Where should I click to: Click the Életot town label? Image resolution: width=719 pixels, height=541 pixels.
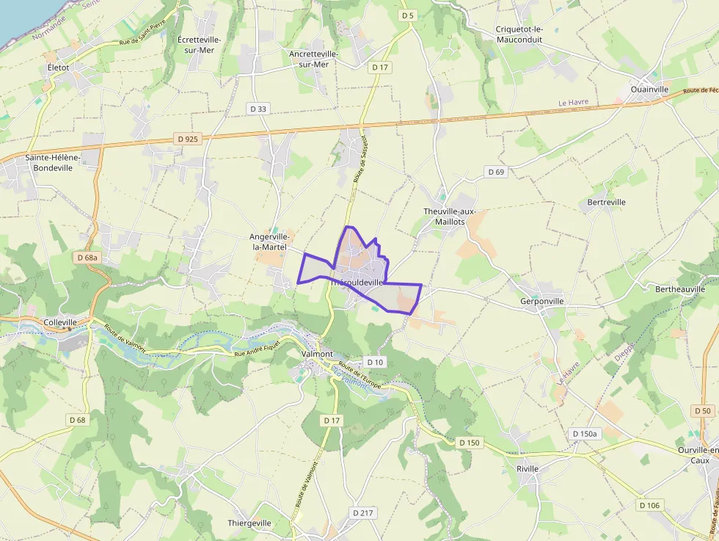click(58, 67)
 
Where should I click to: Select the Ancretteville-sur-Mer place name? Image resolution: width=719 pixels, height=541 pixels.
click(313, 59)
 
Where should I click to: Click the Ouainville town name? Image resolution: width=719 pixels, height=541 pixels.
click(649, 90)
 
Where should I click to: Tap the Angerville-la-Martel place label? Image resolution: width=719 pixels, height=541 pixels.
click(269, 242)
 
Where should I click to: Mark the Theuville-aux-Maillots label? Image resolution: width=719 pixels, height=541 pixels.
click(450, 217)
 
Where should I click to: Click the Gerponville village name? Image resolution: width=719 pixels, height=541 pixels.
click(541, 301)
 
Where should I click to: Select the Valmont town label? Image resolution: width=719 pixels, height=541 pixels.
click(317, 354)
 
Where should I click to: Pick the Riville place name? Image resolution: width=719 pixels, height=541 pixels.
click(527, 468)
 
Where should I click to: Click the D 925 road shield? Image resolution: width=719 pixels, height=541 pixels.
click(188, 138)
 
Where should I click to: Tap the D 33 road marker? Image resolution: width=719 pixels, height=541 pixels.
click(258, 109)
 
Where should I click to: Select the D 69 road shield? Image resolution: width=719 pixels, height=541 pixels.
click(496, 172)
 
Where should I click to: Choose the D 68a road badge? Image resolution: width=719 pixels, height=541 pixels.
click(87, 258)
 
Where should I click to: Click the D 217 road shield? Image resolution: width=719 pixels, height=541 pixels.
click(363, 512)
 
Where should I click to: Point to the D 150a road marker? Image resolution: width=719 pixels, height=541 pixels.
click(585, 434)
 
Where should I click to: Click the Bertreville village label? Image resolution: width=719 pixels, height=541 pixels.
click(607, 202)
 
